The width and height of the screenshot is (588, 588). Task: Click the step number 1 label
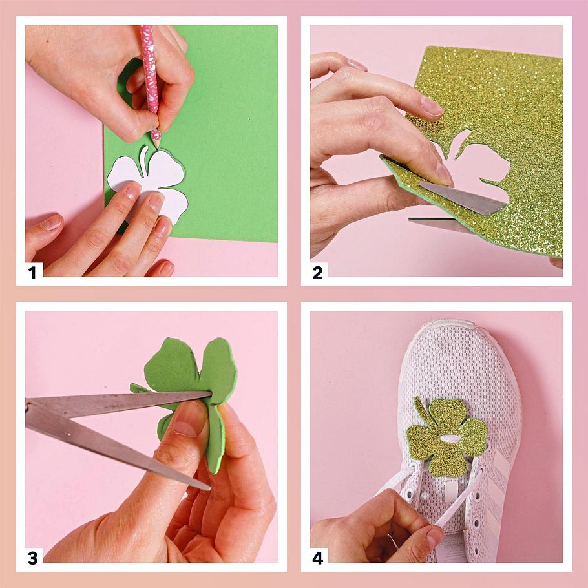pyautogui.click(x=32, y=273)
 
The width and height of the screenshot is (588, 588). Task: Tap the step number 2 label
pyautogui.click(x=318, y=273)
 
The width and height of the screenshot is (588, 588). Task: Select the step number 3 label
pyautogui.click(x=32, y=558)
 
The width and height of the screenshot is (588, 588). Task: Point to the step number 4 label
pyautogui.click(x=318, y=558)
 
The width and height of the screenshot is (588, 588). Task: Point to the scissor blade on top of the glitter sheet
pyautogui.click(x=463, y=197)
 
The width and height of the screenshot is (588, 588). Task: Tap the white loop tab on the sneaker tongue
pyautogui.click(x=451, y=492)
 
